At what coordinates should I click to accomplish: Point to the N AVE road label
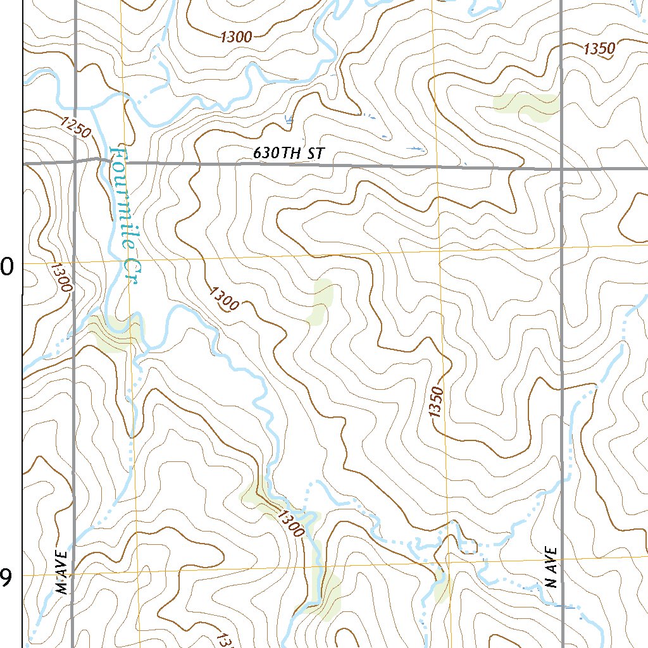point(552,567)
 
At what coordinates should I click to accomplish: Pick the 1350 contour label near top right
point(599,49)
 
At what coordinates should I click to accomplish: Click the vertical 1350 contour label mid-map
point(435,401)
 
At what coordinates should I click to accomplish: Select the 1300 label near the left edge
point(61,277)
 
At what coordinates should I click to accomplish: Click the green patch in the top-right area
point(525,106)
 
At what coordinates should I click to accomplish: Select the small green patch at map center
point(321,301)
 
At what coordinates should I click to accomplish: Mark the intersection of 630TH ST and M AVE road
point(75,162)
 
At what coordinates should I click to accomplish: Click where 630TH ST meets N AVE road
point(562,168)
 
